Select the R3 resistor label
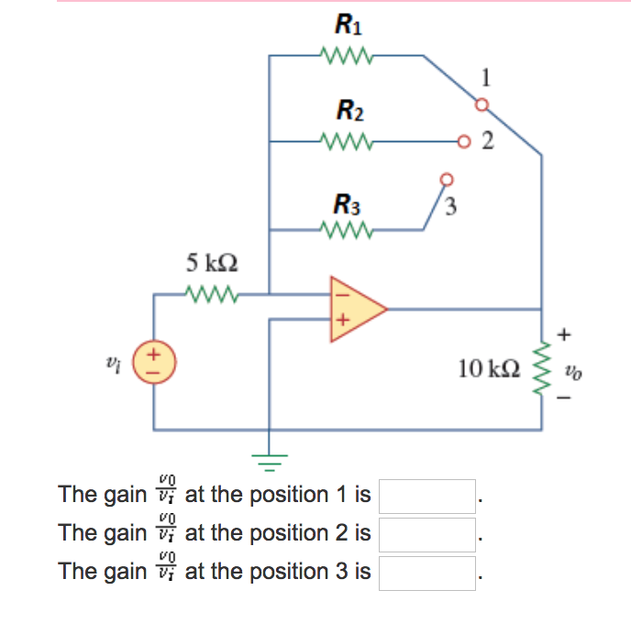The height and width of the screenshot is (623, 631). pos(349,202)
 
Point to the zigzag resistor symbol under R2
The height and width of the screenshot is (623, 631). pos(347,142)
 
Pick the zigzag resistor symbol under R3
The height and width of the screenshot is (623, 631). pos(347,229)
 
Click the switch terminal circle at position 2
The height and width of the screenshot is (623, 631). pos(468,142)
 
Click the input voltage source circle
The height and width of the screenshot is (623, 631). pos(154,362)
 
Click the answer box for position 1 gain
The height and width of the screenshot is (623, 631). pos(428,497)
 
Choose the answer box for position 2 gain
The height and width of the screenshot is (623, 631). pos(428,534)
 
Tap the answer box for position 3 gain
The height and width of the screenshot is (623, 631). pos(428,573)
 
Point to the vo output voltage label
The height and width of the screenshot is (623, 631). pos(574,373)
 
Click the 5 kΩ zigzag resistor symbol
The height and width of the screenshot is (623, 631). pos(213,294)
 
